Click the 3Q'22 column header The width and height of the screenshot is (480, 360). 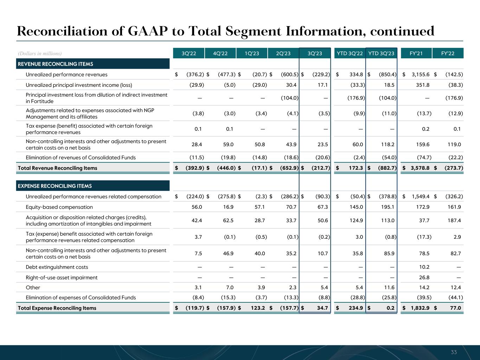point(189,53)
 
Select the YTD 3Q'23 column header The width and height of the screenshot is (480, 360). point(381,53)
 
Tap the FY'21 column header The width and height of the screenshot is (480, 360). point(416,53)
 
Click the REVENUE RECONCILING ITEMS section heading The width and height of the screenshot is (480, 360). point(55,64)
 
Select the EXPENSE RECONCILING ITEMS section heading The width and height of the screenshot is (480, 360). point(55,186)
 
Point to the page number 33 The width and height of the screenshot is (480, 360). point(454,352)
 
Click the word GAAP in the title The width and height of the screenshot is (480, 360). point(145,31)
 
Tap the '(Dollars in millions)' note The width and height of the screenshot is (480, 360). point(40,53)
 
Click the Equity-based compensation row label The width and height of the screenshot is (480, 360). point(59,207)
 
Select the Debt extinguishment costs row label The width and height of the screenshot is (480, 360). point(57,267)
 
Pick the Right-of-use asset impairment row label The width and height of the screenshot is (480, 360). point(62,277)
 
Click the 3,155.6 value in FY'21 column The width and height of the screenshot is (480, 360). point(418,75)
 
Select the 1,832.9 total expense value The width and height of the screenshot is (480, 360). point(418,308)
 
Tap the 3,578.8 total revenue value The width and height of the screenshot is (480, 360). point(418,168)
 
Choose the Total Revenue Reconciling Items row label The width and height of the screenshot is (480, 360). point(57,168)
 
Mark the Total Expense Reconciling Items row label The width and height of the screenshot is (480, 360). point(57,308)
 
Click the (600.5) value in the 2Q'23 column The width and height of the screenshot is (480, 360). point(290,75)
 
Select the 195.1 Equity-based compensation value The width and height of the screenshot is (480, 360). point(388,207)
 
